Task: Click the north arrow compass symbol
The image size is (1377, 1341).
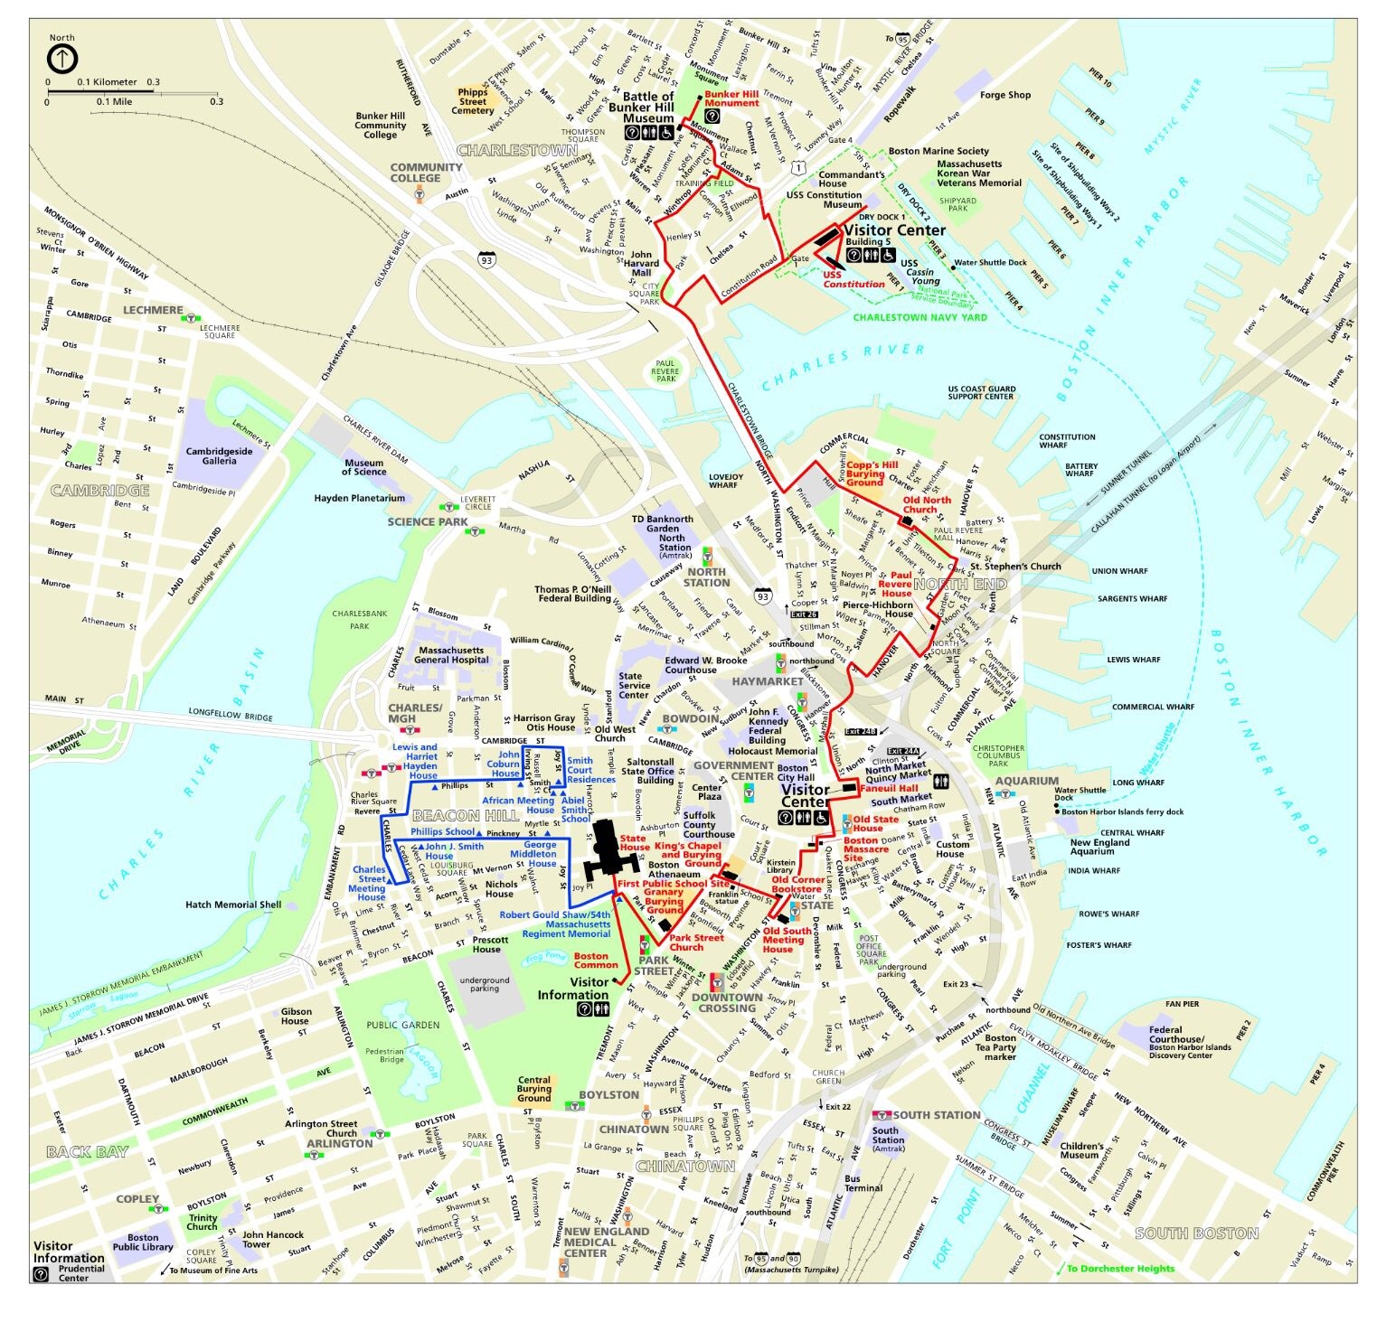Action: click(x=62, y=60)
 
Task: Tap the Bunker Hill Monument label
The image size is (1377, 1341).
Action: click(x=731, y=98)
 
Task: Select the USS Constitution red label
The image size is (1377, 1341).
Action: click(x=853, y=279)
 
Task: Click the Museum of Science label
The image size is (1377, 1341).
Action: click(x=363, y=466)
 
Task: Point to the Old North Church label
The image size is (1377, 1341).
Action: click(x=927, y=504)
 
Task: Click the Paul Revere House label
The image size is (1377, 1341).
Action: click(x=901, y=584)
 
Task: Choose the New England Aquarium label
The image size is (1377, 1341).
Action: click(x=1099, y=847)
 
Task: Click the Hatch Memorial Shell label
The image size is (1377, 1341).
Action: click(x=233, y=905)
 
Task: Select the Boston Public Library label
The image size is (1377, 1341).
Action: click(x=143, y=1243)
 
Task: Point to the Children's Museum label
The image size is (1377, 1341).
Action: click(x=1080, y=1150)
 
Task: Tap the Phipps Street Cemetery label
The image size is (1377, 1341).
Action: click(x=473, y=100)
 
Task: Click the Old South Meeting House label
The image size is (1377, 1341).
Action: click(x=787, y=940)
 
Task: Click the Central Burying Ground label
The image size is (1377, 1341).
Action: click(x=534, y=1088)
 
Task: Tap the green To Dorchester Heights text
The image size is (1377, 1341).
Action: click(x=1120, y=1268)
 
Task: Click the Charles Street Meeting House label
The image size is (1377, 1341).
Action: click(x=369, y=883)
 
